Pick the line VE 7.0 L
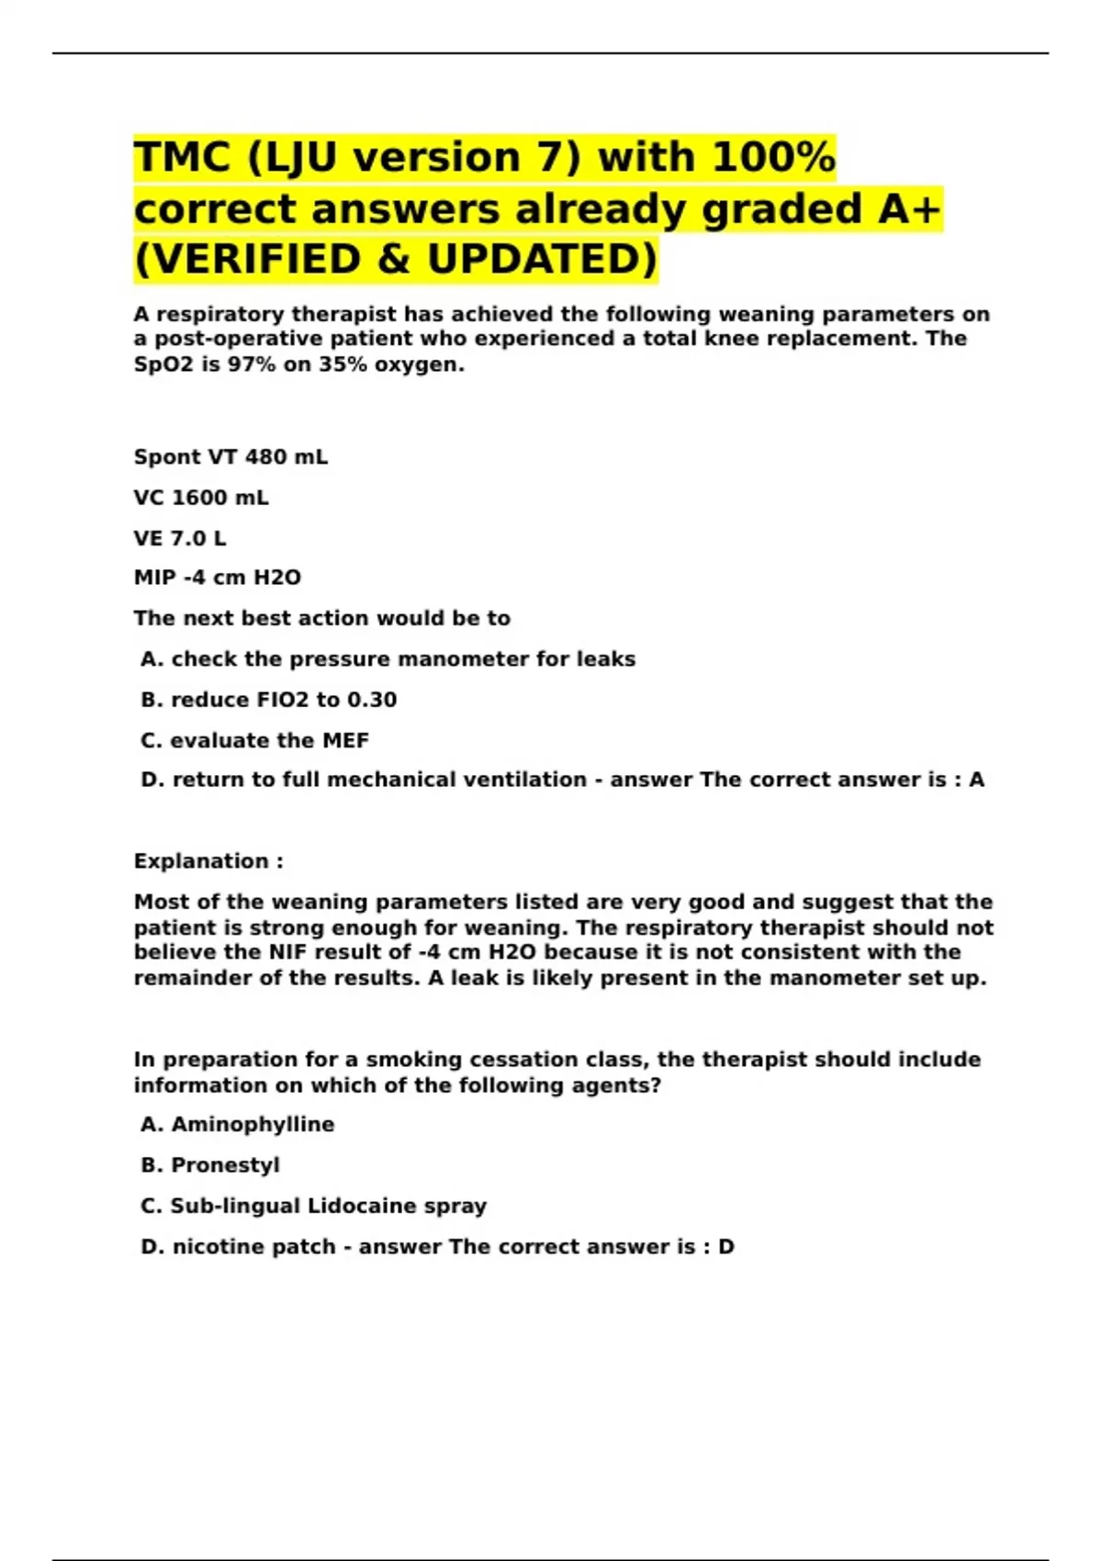(x=180, y=538)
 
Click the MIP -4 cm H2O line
(x=218, y=578)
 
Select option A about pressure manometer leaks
(x=388, y=659)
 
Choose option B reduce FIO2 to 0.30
(x=268, y=700)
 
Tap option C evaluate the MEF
(x=254, y=740)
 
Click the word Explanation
(x=201, y=861)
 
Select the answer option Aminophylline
(x=253, y=1125)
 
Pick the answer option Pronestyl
(x=225, y=1165)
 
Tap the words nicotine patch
(x=253, y=1247)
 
